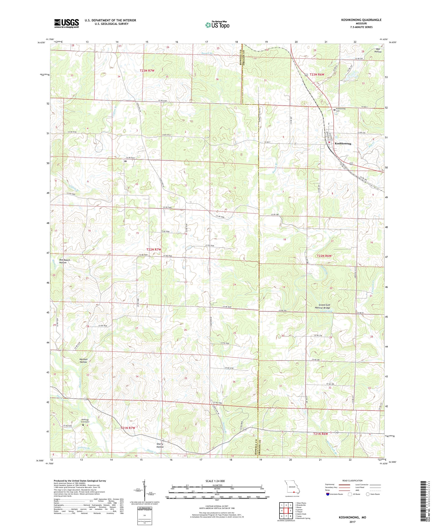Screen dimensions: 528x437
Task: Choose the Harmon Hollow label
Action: tap(83, 361)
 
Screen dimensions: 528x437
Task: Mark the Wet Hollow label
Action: tap(377, 50)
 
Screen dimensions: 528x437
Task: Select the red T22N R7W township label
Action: tap(153, 249)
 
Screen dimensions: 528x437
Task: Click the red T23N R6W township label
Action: tap(317, 74)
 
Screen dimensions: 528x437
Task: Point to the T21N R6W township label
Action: tap(321, 434)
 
